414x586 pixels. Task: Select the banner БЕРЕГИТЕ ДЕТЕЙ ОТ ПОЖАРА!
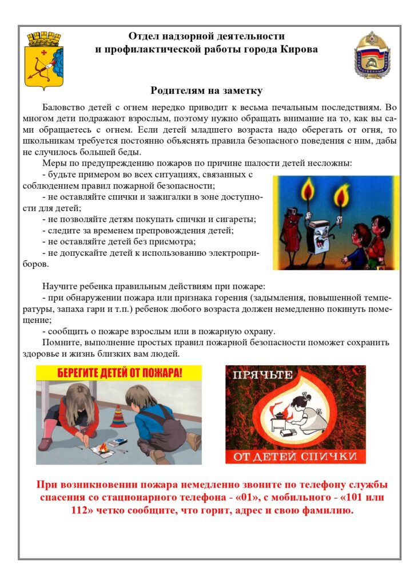click(x=119, y=373)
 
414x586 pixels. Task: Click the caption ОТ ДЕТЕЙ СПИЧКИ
click(x=295, y=457)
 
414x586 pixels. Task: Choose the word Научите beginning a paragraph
click(x=60, y=286)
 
